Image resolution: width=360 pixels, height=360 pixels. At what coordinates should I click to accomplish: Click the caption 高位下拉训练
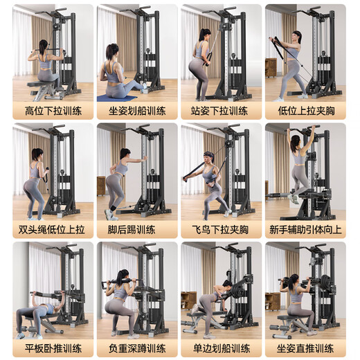click(53, 111)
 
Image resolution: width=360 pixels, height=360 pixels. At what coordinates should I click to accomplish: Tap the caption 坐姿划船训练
click(137, 111)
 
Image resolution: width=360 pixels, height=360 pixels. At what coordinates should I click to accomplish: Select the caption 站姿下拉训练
click(221, 111)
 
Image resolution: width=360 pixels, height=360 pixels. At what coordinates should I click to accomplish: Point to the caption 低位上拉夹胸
click(305, 111)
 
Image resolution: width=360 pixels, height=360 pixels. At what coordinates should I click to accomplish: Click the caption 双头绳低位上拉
click(53, 229)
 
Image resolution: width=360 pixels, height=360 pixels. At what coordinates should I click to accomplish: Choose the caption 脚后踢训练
click(137, 229)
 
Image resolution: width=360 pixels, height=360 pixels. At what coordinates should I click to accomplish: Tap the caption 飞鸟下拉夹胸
click(221, 229)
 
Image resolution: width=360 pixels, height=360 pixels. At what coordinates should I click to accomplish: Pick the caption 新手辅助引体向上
click(305, 229)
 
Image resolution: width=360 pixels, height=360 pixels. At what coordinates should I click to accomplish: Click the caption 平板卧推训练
click(53, 348)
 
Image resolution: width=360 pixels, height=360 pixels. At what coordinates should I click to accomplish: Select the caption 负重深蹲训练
click(137, 348)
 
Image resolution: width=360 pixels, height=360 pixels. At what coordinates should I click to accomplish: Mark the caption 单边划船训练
click(221, 348)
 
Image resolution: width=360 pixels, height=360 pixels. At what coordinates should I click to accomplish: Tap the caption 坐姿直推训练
click(305, 348)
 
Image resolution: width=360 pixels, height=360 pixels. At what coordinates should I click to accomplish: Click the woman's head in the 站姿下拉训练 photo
click(205, 35)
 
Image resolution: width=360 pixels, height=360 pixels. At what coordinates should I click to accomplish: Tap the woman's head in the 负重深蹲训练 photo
click(124, 275)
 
